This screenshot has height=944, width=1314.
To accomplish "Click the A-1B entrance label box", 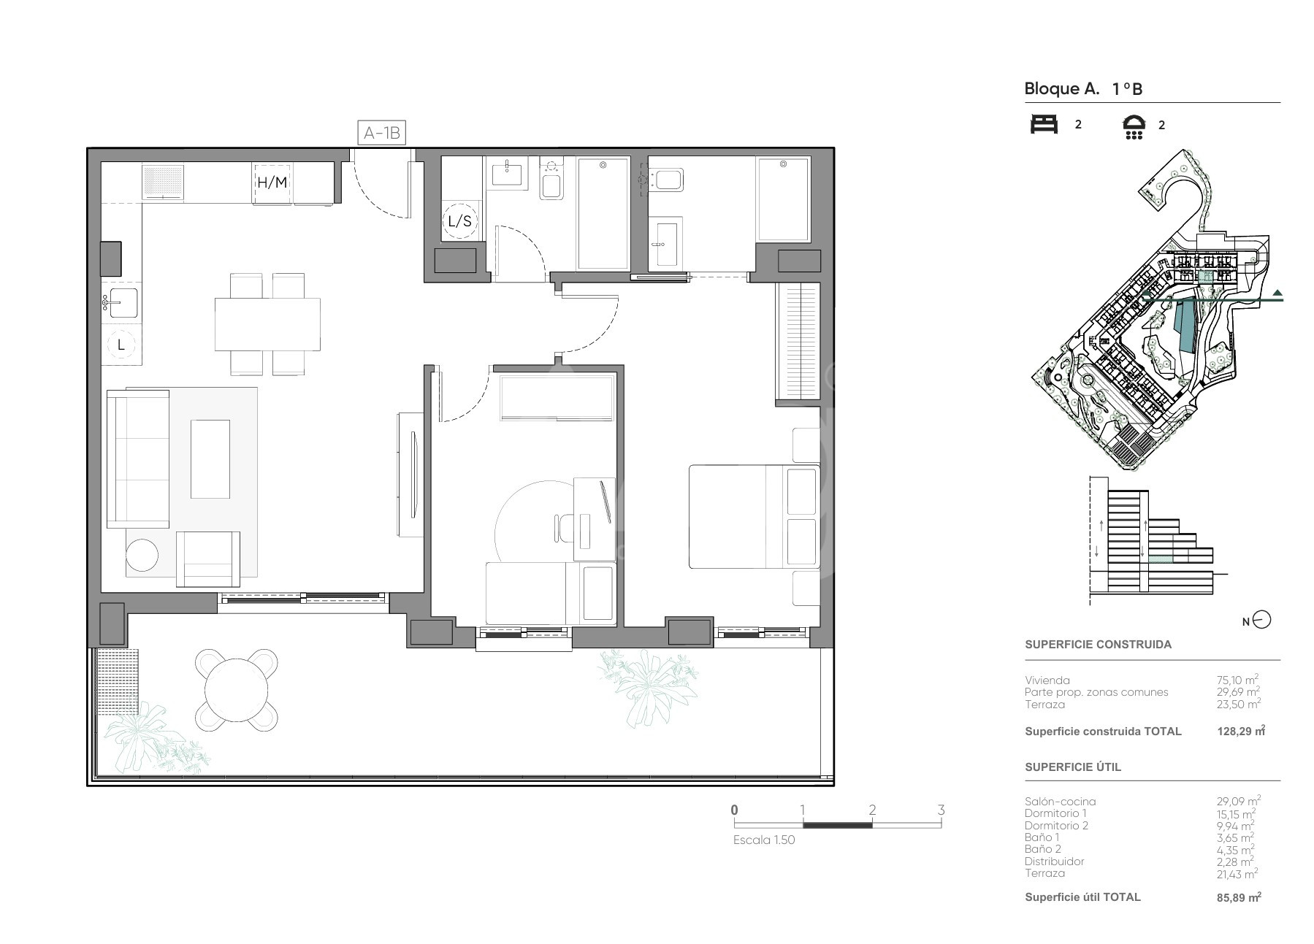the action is tap(382, 133).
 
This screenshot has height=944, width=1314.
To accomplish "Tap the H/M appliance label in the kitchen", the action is tap(272, 183).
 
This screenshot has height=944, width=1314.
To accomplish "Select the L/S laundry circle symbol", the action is tap(459, 220).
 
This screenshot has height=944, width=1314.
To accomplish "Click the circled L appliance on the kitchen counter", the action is tap(121, 345).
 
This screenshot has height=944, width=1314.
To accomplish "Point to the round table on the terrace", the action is tap(237, 689).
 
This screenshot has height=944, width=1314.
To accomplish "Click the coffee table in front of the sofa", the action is tap(210, 458).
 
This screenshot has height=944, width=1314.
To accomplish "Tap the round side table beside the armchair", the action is tap(142, 555).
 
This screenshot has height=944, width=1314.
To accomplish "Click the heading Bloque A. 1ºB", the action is tap(1083, 89).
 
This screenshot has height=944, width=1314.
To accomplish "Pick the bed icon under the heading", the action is tap(1044, 124).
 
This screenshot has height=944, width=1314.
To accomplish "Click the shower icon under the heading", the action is tap(1134, 126).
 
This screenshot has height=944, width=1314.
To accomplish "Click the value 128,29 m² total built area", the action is tap(1241, 731).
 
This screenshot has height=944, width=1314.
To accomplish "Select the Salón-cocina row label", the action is tap(1060, 801).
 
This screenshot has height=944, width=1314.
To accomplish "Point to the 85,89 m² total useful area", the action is tap(1239, 897).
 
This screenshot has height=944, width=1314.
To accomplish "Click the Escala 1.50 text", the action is tap(764, 840).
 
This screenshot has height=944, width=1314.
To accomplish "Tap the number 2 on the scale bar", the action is tap(872, 810).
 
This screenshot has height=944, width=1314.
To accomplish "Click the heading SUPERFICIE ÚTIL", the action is tap(1072, 767).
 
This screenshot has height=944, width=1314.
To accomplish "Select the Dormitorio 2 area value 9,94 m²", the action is tap(1234, 825).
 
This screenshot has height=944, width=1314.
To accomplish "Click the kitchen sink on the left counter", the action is tap(121, 302).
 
